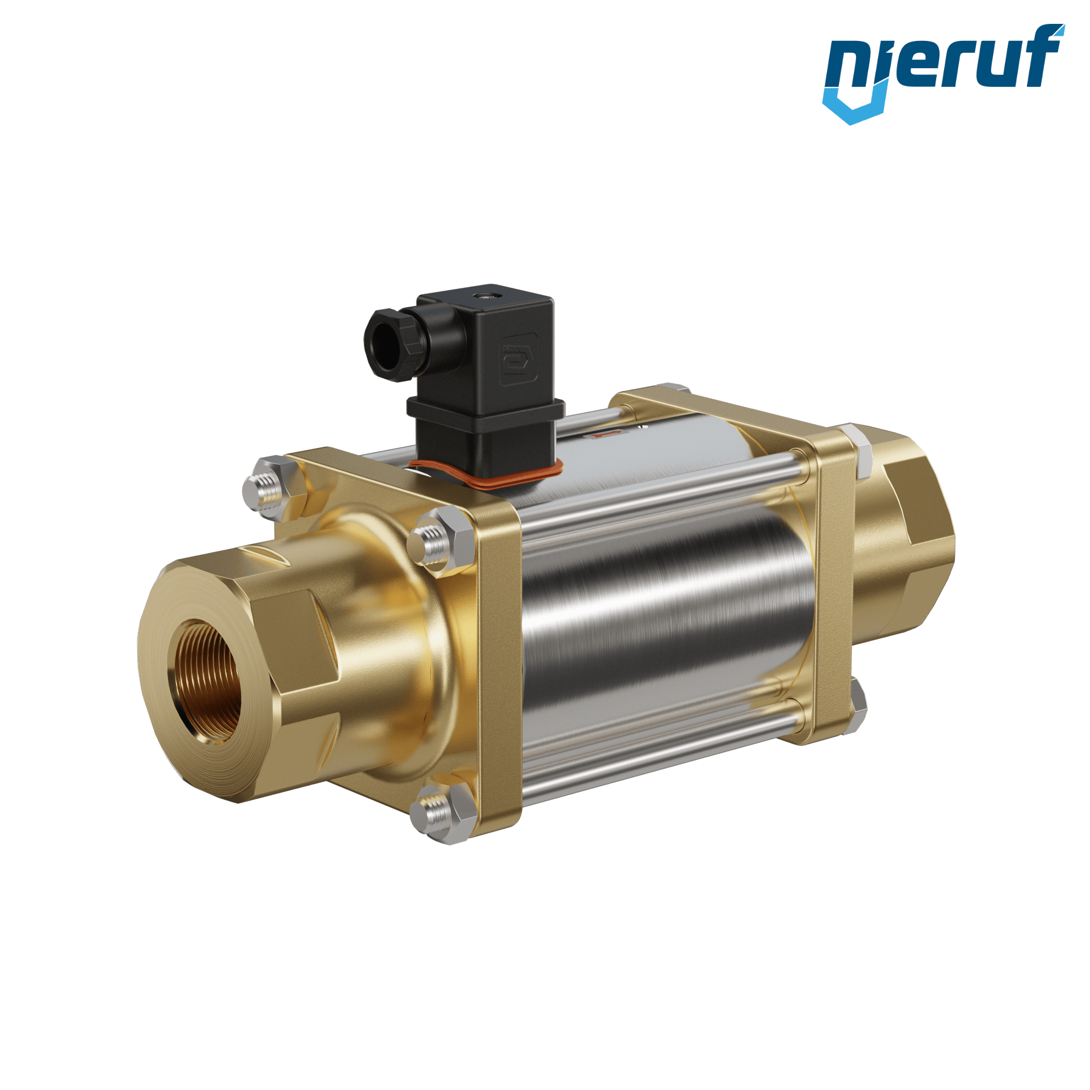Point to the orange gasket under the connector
coord(488,477)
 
